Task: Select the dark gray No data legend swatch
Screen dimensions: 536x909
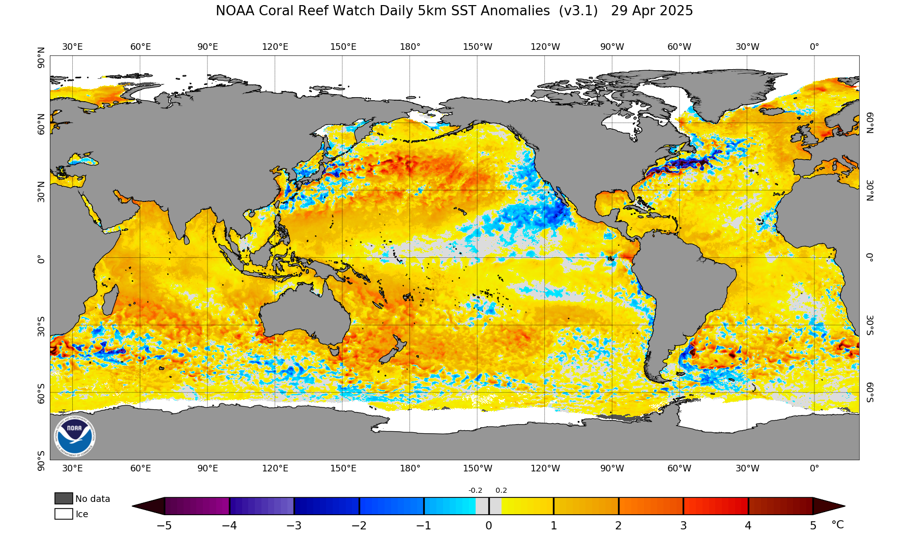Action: [x=64, y=498]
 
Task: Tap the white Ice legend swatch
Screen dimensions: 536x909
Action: [x=64, y=514]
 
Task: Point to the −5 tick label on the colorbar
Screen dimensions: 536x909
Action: [x=164, y=526]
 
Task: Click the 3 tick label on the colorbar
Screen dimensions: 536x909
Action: [x=683, y=526]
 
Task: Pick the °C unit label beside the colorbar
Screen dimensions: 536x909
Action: [x=837, y=525]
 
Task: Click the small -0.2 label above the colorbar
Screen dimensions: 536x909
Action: [x=475, y=491]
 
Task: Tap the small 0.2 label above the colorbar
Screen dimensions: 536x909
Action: [x=501, y=491]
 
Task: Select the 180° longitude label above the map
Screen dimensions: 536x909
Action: [x=410, y=47]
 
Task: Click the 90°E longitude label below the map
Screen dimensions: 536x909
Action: [x=208, y=468]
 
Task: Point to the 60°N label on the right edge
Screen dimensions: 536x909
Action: [x=870, y=123]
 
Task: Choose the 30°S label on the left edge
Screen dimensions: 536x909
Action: [x=41, y=325]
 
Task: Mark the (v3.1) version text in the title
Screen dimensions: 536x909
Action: [x=578, y=11]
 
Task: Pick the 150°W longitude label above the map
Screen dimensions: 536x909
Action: [x=477, y=47]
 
